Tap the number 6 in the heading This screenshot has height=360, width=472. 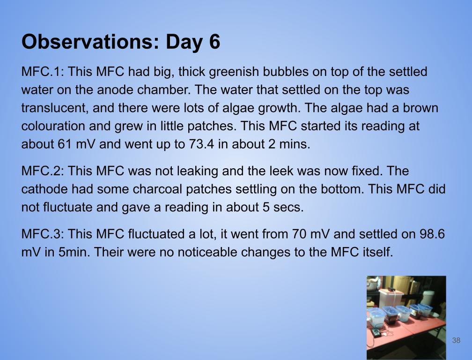(x=214, y=42)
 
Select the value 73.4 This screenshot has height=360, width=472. (x=202, y=144)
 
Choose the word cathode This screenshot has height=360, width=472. (x=44, y=189)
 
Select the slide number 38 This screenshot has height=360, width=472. (x=456, y=340)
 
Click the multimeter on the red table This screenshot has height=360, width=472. (x=376, y=333)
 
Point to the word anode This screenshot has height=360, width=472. (x=115, y=90)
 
